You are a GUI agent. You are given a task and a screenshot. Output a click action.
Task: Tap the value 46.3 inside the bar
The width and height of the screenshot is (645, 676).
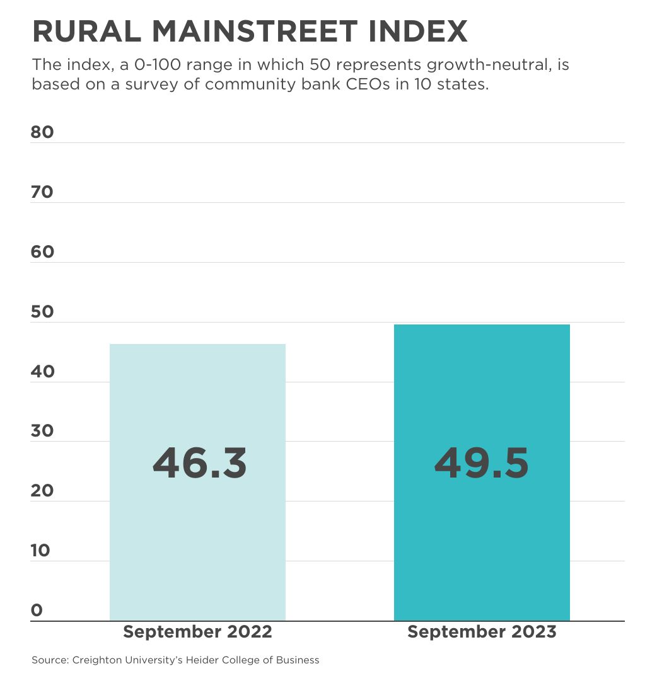click(199, 463)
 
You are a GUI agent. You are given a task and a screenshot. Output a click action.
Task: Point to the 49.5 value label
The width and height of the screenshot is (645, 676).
click(481, 463)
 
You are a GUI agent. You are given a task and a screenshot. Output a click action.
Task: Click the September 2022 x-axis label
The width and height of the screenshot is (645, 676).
click(197, 632)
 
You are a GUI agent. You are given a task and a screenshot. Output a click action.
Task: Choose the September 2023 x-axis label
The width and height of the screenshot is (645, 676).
click(482, 632)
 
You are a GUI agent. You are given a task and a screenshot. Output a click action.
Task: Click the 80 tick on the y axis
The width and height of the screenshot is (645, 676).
click(42, 132)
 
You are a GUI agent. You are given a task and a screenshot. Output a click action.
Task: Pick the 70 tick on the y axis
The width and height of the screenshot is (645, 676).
click(42, 192)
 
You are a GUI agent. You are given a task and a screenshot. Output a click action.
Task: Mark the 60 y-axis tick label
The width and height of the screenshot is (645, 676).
click(42, 252)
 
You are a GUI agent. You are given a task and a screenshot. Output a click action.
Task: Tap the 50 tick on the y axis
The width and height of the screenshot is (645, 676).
click(42, 312)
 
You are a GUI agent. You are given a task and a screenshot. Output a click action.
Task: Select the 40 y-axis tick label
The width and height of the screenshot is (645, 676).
click(42, 372)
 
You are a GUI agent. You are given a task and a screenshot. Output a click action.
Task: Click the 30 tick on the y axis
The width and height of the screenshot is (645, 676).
click(42, 431)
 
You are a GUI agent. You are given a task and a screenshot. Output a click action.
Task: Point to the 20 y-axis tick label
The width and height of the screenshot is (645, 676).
click(42, 491)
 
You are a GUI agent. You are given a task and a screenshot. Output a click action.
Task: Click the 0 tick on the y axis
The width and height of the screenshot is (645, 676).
click(37, 610)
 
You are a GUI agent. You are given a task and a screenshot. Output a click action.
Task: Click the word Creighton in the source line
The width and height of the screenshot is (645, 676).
click(96, 660)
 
